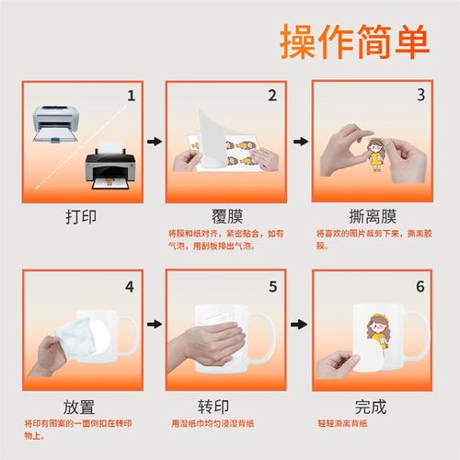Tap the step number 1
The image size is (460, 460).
coord(131,95)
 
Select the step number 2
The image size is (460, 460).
coord(272,95)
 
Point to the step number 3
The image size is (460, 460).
coord(420,95)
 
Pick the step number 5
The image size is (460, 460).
coord(272,286)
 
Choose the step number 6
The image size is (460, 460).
coord(420,286)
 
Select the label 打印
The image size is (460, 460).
coord(80,218)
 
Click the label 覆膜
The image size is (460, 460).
coord(225,218)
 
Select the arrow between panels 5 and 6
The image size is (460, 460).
coord(299,324)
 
